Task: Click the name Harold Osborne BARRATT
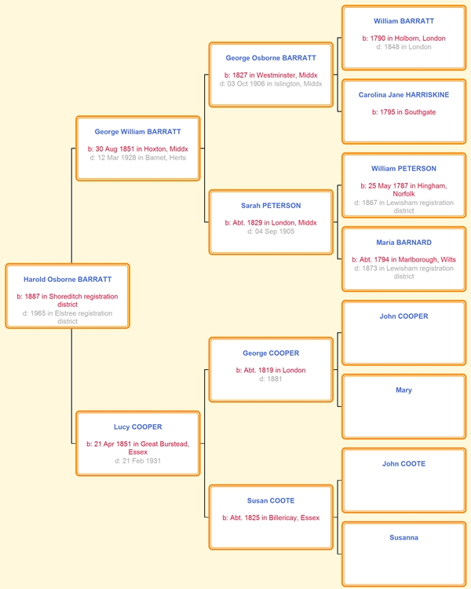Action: coord(68,280)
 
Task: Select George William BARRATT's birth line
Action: coord(138,149)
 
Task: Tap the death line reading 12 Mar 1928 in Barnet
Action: coord(138,158)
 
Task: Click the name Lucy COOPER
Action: coord(138,427)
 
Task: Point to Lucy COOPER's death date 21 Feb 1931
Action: coord(138,461)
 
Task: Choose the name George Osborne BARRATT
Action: coord(271,58)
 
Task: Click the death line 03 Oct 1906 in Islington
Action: coord(271,84)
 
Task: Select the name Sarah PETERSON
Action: coord(271,206)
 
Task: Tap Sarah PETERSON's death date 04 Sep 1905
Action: coord(271,232)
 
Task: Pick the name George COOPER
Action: coord(271,353)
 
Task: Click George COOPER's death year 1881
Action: coord(271,379)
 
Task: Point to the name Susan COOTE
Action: coord(271,501)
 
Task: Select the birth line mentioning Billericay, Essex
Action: coord(271,518)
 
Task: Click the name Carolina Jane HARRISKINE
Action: coord(403,95)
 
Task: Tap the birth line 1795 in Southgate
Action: coord(403,112)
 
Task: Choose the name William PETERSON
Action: coord(403,169)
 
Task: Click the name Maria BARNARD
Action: coord(403,243)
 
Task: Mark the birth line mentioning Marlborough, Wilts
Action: coord(403,260)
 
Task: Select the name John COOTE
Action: coord(403,464)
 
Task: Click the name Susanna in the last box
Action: coord(403,538)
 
